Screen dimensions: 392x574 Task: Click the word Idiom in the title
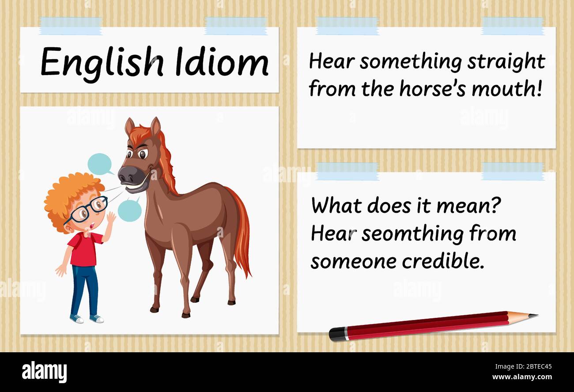[222, 62]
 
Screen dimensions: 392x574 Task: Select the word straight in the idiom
[506, 62]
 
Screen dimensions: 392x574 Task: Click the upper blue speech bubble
[100, 164]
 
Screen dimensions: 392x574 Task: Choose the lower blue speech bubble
[130, 210]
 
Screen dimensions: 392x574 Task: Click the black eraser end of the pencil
[336, 335]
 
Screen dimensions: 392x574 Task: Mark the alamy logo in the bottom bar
[44, 372]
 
